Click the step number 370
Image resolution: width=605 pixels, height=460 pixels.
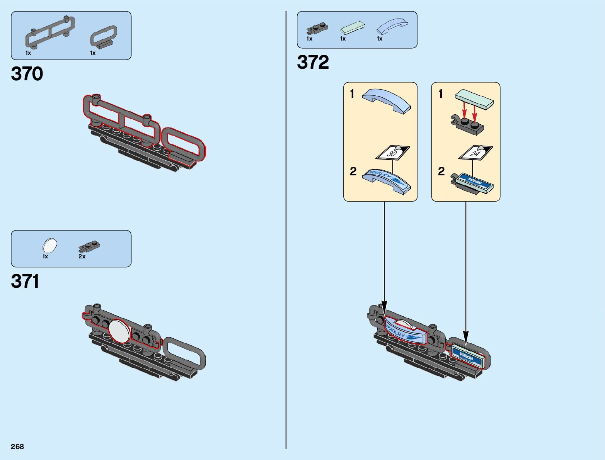(x=27, y=74)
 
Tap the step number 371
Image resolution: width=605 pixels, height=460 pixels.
(x=25, y=281)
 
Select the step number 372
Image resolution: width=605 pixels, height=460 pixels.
(x=313, y=62)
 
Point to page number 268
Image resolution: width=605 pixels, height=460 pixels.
(x=17, y=446)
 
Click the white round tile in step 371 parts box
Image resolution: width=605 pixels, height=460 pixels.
(x=49, y=246)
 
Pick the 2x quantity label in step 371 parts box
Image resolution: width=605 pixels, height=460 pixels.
(x=82, y=256)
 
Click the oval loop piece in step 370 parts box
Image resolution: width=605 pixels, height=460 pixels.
(x=104, y=37)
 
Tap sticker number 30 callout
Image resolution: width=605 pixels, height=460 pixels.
(x=393, y=153)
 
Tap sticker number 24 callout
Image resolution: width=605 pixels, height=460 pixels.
(x=475, y=153)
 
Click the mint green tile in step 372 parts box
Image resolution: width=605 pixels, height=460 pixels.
(x=352, y=28)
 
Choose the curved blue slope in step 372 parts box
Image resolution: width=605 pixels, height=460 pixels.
(x=392, y=27)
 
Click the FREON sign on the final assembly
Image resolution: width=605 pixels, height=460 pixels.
(x=467, y=356)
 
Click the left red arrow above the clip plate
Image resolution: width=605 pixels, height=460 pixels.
(x=465, y=110)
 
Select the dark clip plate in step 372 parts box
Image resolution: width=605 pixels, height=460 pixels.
(x=317, y=28)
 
